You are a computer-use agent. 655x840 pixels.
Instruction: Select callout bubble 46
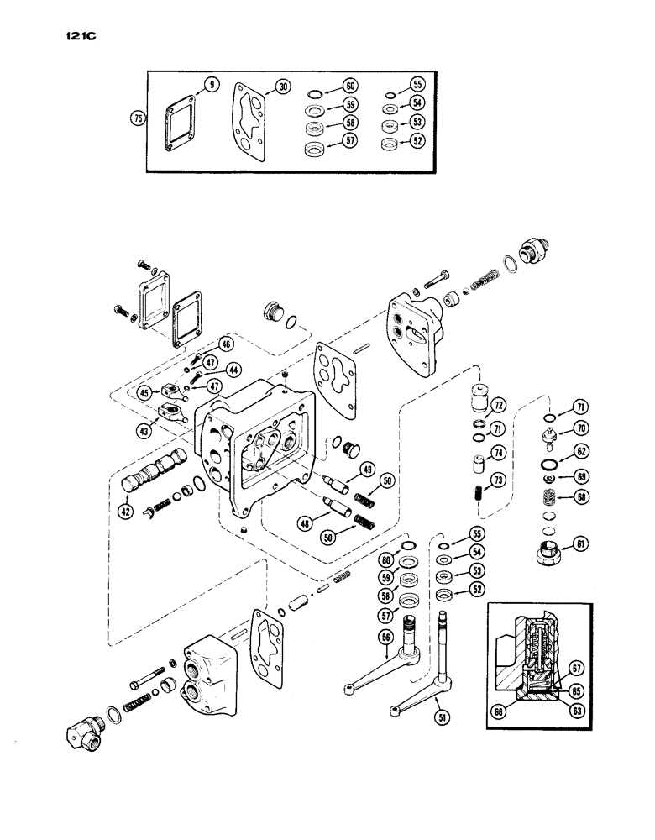click(x=202, y=344)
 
